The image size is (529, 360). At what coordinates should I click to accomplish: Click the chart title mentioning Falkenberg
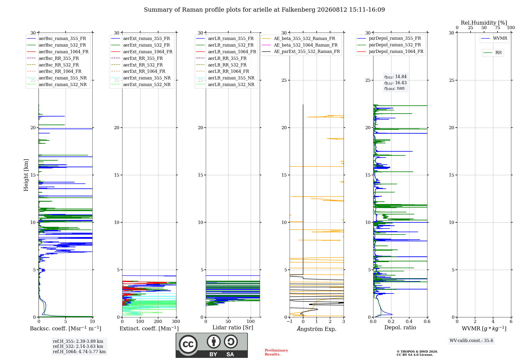pyautogui.click(x=264, y=10)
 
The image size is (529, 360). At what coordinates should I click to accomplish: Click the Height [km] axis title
pyautogui.click(x=26, y=175)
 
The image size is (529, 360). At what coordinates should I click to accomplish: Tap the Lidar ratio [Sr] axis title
pyautogui.click(x=233, y=327)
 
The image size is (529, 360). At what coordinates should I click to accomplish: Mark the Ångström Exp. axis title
pyautogui.click(x=317, y=329)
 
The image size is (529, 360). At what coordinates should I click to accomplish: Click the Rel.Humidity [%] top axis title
pyautogui.click(x=484, y=23)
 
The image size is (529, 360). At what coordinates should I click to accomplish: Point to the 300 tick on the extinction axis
pyautogui.click(x=176, y=321)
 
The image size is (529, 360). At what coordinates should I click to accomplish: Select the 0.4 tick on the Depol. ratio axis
pyautogui.click(x=409, y=321)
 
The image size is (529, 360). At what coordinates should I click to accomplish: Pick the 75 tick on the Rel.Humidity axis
pyautogui.click(x=498, y=28)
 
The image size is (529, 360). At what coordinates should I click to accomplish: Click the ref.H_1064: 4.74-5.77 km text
pyautogui.click(x=79, y=352)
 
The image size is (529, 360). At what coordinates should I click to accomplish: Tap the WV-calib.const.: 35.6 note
pyautogui.click(x=471, y=341)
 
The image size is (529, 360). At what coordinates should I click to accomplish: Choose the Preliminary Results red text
pyautogui.click(x=276, y=352)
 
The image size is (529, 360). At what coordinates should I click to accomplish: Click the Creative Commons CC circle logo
pyautogui.click(x=188, y=344)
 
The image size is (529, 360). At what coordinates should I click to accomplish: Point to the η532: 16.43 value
pyautogui.click(x=395, y=83)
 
